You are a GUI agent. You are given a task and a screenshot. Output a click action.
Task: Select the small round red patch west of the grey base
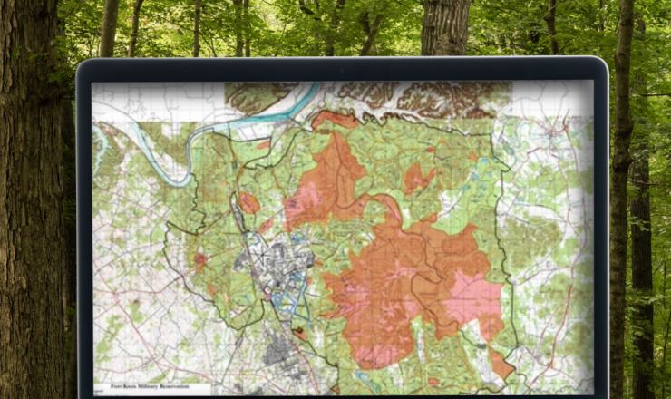(x=199, y=261)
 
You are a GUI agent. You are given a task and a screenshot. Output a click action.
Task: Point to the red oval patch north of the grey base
(x=248, y=203)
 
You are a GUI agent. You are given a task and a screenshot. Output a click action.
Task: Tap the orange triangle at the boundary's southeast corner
(x=500, y=363)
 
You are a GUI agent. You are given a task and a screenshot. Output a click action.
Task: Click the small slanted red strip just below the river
(x=263, y=143)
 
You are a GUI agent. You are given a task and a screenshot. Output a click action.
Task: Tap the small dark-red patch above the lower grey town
(x=298, y=332)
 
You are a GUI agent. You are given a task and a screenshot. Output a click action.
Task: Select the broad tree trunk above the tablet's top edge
(x=444, y=27)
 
